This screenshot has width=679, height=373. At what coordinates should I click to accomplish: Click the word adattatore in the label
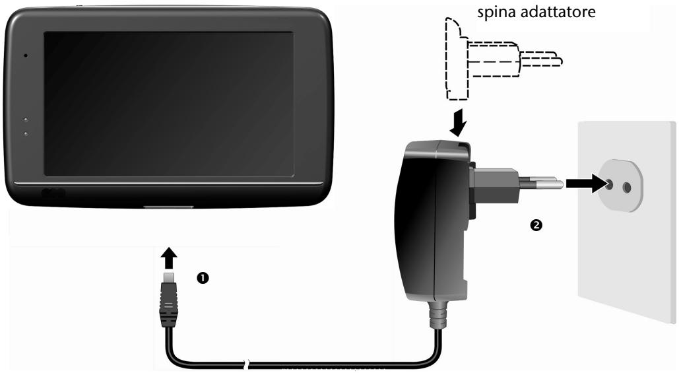tap(558, 12)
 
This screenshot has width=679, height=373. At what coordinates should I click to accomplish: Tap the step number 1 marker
tap(202, 278)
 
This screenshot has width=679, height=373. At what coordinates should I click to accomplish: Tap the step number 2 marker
tap(536, 225)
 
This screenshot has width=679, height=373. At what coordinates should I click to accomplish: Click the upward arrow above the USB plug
tap(170, 258)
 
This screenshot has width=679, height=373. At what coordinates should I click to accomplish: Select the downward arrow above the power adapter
tap(458, 123)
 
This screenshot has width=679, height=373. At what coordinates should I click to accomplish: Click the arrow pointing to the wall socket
tap(586, 184)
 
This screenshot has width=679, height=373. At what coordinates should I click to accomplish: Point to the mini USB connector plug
tap(168, 299)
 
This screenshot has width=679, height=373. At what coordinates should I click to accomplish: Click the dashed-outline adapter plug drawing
tap(498, 59)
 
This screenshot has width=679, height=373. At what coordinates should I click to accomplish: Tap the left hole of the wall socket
tap(609, 185)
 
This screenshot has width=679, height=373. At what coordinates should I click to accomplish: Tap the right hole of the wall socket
tap(626, 187)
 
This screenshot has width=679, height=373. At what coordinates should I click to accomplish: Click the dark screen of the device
tap(168, 104)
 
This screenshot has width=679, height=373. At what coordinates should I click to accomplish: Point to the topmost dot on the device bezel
tap(26, 55)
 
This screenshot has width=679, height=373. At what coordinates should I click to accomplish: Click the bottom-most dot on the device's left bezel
tap(26, 134)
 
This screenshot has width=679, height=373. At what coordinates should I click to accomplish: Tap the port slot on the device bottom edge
tap(168, 207)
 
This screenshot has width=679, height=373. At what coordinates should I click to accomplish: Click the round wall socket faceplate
tap(618, 186)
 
